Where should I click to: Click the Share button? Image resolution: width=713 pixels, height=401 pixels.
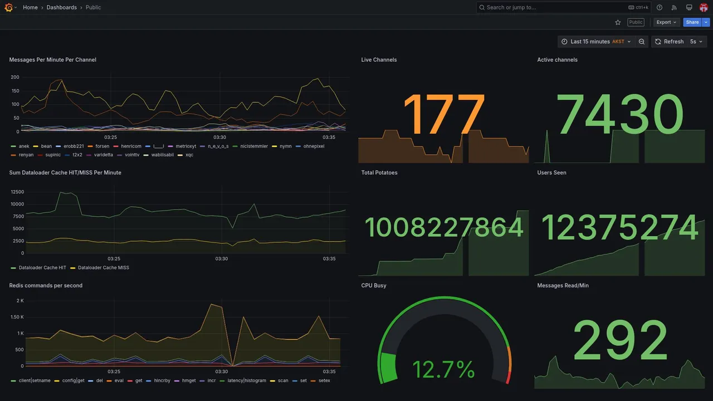coord(692,22)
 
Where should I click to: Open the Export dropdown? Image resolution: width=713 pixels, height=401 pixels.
coord(666,22)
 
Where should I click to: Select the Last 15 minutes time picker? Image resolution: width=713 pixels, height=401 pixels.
coord(595,42)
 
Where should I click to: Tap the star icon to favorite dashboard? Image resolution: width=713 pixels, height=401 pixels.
coord(618,22)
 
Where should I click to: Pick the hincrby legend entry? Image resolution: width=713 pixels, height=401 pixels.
coord(162,381)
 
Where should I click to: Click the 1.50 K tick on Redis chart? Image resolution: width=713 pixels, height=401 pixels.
coord(17,317)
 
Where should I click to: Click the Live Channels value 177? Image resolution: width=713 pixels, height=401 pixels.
coord(443,116)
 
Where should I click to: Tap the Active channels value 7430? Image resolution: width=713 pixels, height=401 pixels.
coord(620,116)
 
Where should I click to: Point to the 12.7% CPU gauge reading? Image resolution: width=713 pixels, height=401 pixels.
coord(443,370)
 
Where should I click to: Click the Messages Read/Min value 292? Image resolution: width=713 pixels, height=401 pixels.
coord(620,341)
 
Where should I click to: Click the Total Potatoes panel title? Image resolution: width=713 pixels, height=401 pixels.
coord(379,173)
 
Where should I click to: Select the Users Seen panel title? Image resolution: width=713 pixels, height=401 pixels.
coord(551,173)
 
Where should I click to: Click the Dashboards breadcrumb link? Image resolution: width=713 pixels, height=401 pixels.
coord(62,7)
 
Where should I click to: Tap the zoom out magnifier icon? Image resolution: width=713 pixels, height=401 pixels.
coord(642,42)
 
